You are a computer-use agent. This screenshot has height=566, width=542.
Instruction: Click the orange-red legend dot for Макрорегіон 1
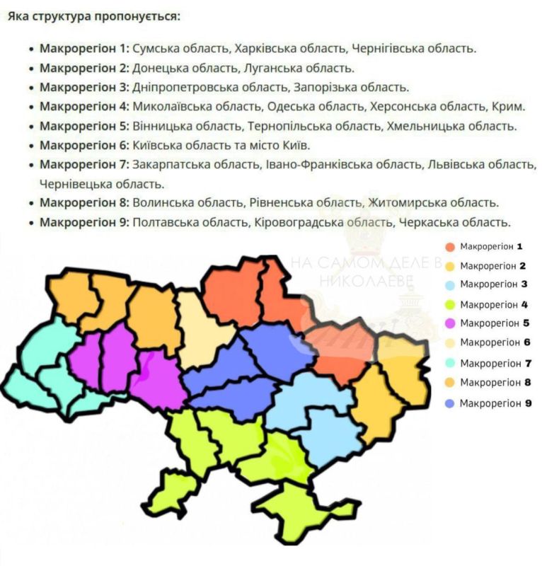(x=449, y=247)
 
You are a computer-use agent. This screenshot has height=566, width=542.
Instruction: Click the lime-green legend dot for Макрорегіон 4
(x=449, y=305)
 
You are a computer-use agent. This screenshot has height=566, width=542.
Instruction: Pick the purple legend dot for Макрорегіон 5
(x=449, y=324)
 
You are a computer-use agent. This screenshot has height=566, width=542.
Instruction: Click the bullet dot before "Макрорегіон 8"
(x=31, y=203)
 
